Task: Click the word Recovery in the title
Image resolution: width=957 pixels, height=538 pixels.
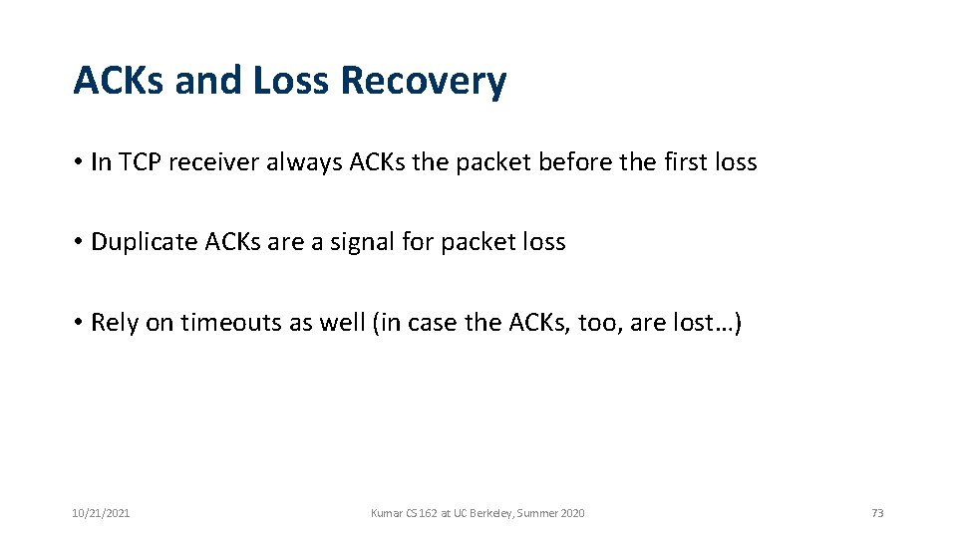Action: coord(423,82)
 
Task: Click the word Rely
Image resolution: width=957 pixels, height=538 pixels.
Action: coord(115,323)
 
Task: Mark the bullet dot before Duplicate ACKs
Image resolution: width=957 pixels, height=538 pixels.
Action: coord(78,242)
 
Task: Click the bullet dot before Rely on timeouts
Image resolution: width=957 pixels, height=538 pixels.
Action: coord(78,323)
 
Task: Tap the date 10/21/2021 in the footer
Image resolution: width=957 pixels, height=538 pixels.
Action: coord(101,513)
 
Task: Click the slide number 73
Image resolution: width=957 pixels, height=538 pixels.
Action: coord(877,513)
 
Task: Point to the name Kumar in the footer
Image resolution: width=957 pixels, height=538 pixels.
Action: coord(385,513)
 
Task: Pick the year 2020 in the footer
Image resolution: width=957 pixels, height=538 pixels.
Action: coord(572,513)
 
